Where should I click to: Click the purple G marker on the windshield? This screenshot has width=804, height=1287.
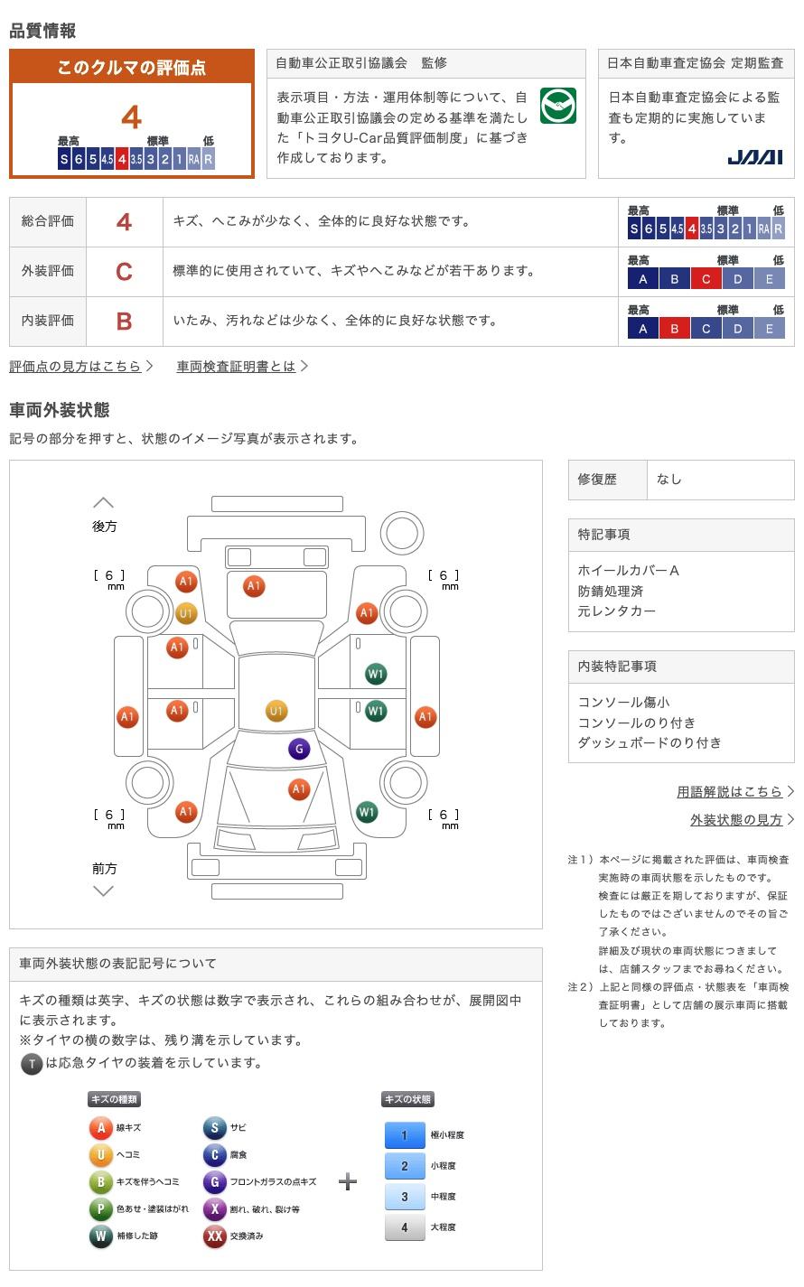coord(299,749)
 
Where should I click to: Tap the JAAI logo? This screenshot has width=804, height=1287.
coord(754,157)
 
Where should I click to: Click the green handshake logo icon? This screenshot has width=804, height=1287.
coord(558,106)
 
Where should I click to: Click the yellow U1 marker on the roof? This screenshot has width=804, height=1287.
coord(276,711)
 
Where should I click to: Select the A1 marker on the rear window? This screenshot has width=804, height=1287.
coord(254,586)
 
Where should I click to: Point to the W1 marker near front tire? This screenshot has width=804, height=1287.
coord(368,812)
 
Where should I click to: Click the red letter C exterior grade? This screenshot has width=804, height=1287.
coord(124,271)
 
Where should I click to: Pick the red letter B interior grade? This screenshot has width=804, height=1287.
coord(124,322)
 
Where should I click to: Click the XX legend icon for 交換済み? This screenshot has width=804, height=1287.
coord(215,1236)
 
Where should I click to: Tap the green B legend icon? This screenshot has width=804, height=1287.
coord(101,1181)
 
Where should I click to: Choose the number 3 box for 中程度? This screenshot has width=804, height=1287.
coord(405,1196)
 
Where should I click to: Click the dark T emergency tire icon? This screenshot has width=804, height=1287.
coord(32,1064)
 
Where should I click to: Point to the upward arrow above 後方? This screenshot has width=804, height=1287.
coord(104,503)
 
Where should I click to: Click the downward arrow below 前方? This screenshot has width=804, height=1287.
coord(104,891)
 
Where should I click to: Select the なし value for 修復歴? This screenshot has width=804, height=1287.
coord(669,480)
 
